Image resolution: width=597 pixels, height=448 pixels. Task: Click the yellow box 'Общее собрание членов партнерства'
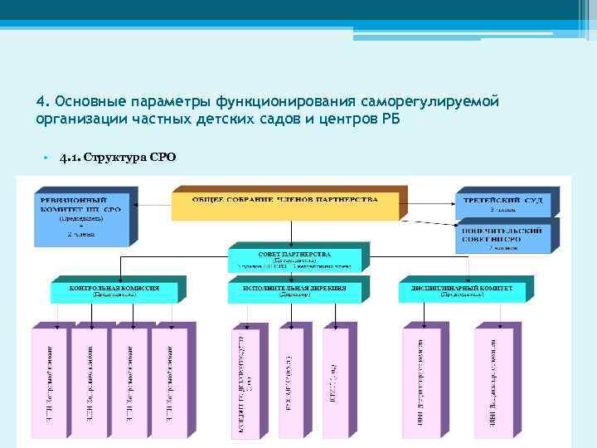pos(285,205)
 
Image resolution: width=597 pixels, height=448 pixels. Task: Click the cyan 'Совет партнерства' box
pos(294,259)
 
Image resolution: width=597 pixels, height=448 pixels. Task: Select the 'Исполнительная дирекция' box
pos(294,291)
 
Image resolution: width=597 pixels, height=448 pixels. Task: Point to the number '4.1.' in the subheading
pos(70,158)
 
